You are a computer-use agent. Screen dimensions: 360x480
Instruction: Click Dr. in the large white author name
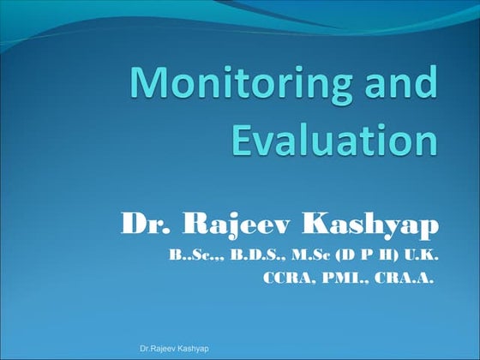(142, 225)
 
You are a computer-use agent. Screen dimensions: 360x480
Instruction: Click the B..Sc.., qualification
(192, 255)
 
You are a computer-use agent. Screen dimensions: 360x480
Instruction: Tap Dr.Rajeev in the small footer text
(158, 349)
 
